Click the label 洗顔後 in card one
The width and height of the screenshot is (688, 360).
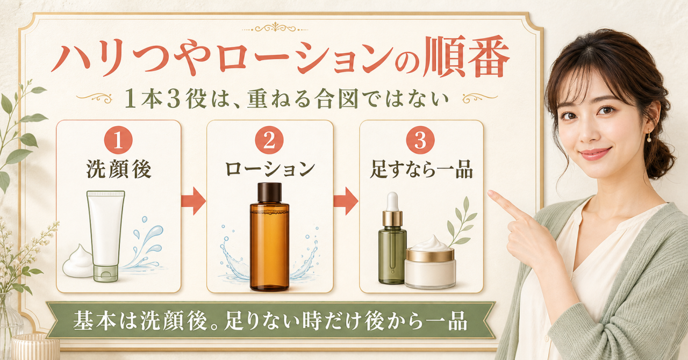coord(119,169)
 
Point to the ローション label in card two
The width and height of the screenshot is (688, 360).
coord(270,169)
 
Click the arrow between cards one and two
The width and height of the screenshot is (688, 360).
coord(193,201)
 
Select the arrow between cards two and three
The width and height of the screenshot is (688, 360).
coord(346,201)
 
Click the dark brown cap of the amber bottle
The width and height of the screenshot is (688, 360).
coord(270,193)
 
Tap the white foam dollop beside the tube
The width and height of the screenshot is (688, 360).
coord(78,261)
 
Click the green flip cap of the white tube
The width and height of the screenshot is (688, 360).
coord(106,273)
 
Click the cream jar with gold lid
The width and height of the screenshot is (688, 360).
coord(430,263)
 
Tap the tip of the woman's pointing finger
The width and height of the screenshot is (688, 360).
coord(489,192)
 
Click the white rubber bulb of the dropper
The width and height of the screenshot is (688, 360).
coord(392,201)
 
